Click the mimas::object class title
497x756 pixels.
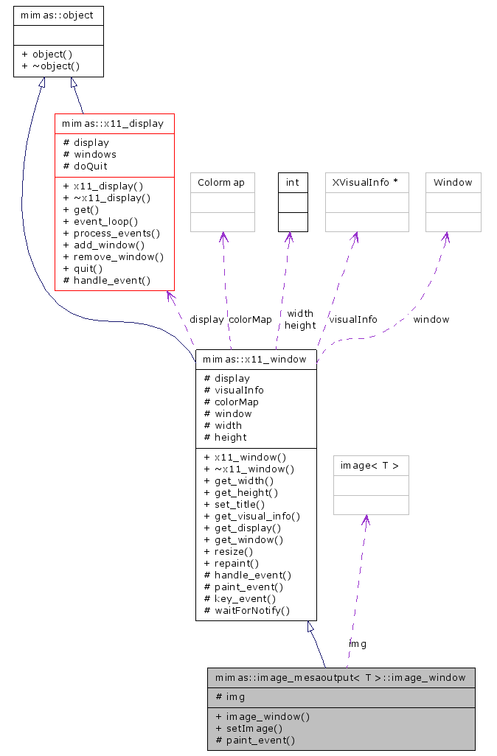58,15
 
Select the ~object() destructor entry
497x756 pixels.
51,66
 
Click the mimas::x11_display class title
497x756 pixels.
114,123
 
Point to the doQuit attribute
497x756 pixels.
85,166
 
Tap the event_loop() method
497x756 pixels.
100,221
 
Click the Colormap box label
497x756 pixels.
221,182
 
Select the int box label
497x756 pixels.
293,182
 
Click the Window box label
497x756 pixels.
453,182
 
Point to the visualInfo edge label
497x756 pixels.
353,319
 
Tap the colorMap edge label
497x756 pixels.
250,319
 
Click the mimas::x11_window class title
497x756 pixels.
256,359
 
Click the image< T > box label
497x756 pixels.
371,465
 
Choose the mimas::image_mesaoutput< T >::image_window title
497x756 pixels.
341,677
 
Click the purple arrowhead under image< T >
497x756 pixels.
365,520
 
